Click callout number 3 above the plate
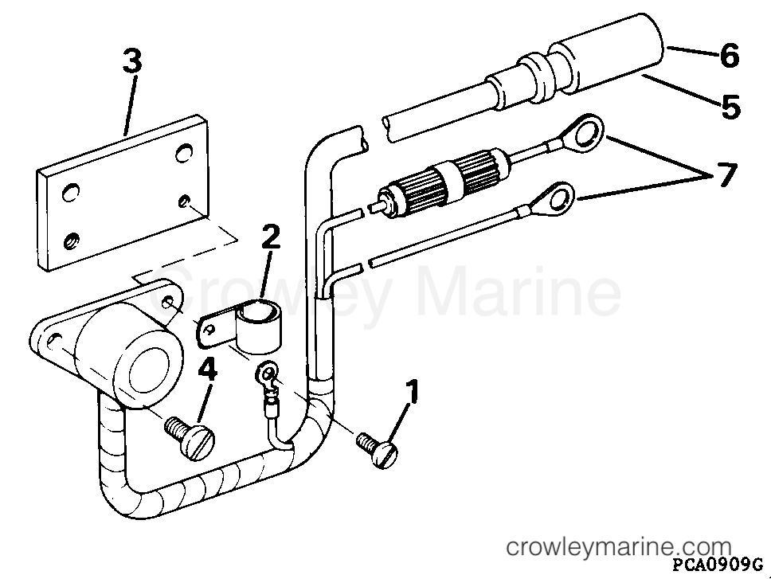pos(131,63)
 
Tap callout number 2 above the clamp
pos(271,237)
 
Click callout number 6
pos(730,55)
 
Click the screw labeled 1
pos(378,449)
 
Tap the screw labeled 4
pos(190,436)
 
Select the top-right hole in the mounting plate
pos(185,152)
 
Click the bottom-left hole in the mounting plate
pos(72,241)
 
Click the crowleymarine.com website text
pos(619,546)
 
